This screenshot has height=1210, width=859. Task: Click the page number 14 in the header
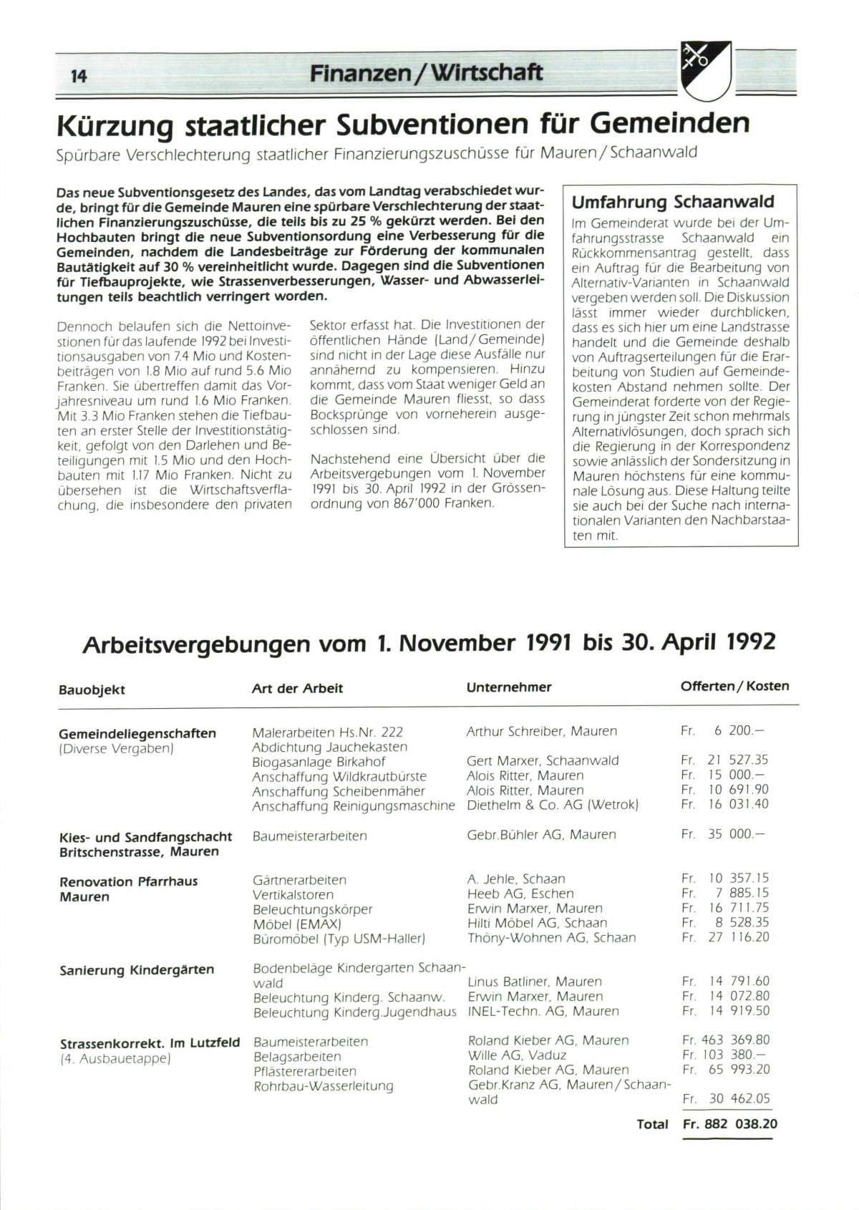pos(79,75)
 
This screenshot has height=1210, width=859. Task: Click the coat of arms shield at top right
pos(705,70)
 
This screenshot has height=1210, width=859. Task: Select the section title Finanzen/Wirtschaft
pos(426,72)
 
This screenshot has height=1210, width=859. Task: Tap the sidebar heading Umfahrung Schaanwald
pos(673,202)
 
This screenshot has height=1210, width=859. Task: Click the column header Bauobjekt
pos(92,689)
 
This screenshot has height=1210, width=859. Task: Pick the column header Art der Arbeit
pos(297,688)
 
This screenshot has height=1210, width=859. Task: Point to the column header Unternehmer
pos(509,687)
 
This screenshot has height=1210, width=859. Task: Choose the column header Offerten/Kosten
pos(734,686)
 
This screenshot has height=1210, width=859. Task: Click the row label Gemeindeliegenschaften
pos(137,733)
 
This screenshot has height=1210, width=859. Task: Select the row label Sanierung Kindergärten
pos(137,970)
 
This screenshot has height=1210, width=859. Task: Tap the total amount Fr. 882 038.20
pos(730,1124)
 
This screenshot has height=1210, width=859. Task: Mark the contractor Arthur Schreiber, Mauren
pos(541,731)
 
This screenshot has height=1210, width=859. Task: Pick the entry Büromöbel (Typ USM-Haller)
pos(339,938)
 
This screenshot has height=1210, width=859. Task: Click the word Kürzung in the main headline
pos(115,125)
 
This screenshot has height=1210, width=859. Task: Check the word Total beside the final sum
pos(652,1125)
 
